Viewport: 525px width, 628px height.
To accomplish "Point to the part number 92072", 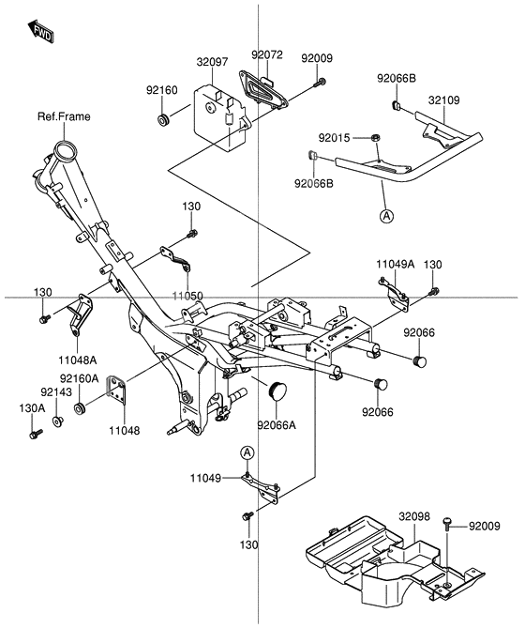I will pyautogui.click(x=266, y=55).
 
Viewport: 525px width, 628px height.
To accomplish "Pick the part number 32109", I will pyautogui.click(x=444, y=98).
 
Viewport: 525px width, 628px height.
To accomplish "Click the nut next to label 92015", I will pyautogui.click(x=374, y=139).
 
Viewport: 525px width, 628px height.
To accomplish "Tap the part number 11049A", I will pyautogui.click(x=396, y=265).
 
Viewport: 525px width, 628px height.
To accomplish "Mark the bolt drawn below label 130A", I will pyautogui.click(x=36, y=436).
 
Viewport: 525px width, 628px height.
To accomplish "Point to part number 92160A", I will pyautogui.click(x=82, y=378).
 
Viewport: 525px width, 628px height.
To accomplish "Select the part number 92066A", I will pyautogui.click(x=277, y=424).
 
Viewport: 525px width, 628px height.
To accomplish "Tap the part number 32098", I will pyautogui.click(x=413, y=516).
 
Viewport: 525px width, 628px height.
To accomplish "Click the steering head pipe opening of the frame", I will pyautogui.click(x=66, y=150).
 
